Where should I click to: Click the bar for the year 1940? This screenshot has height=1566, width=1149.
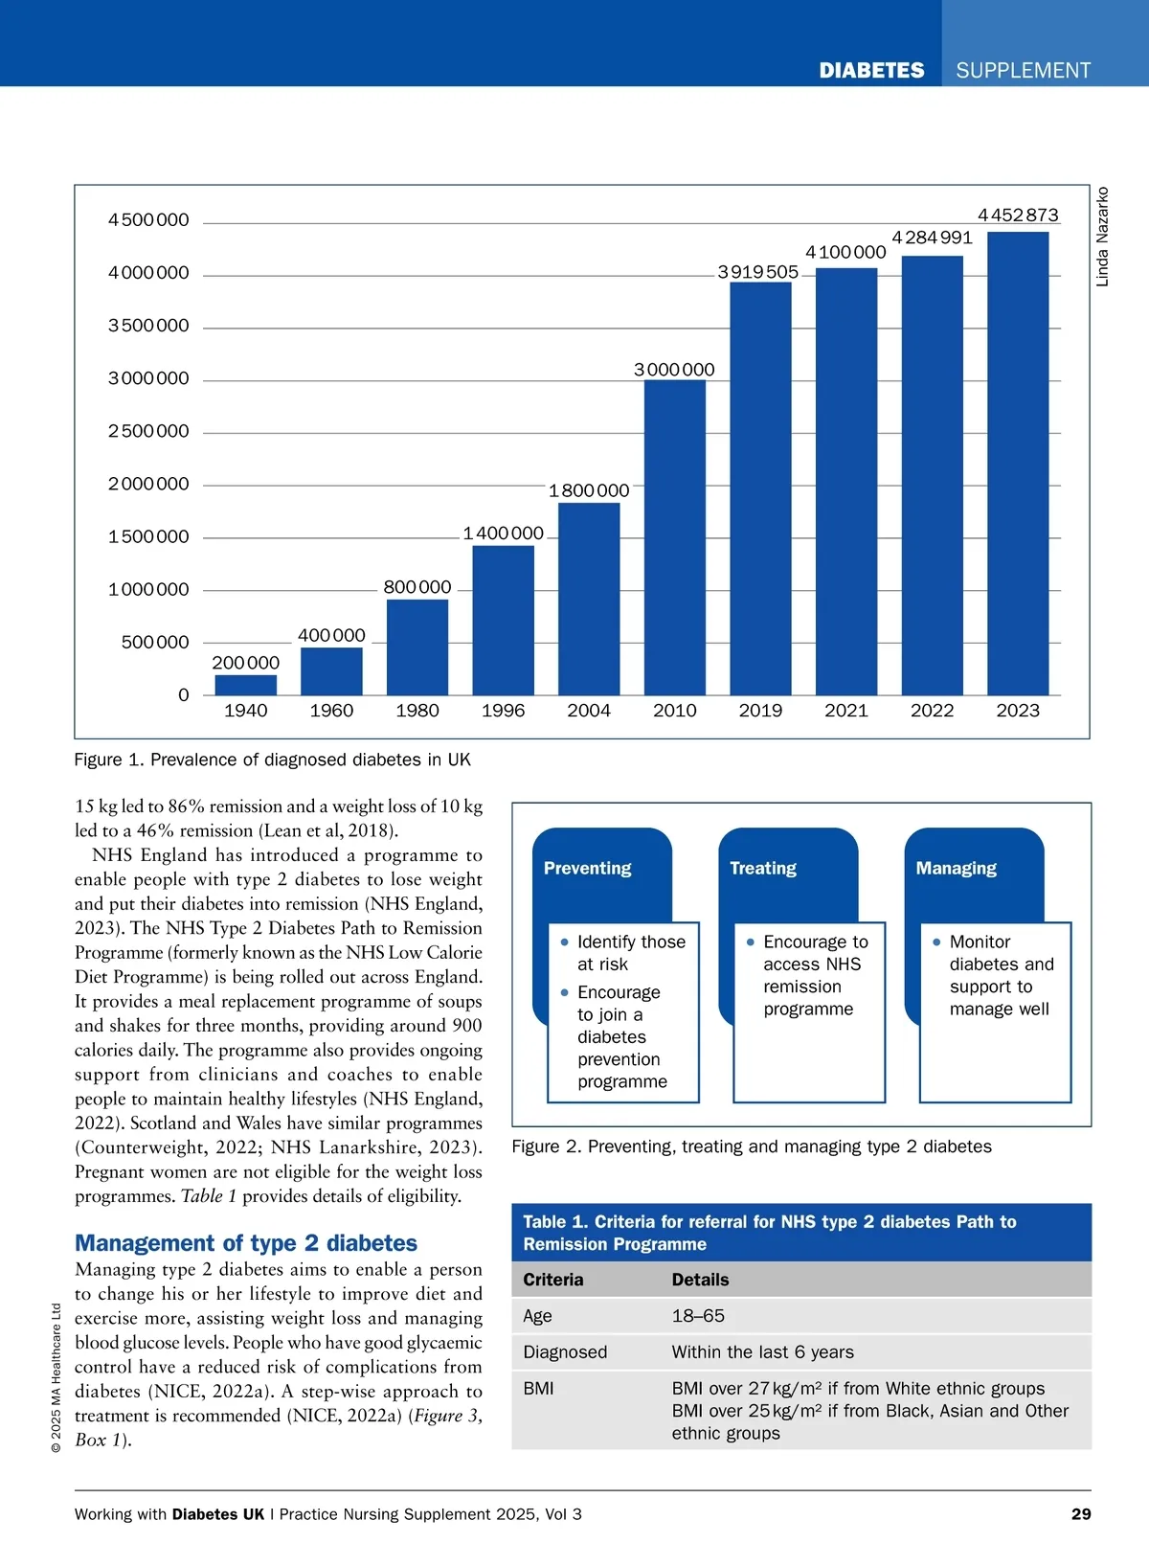[245, 685]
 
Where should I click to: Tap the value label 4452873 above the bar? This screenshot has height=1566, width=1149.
[1018, 216]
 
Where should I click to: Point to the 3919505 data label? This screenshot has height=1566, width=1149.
[757, 272]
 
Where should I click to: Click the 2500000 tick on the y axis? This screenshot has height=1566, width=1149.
[148, 431]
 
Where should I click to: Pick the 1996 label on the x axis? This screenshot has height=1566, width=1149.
[503, 711]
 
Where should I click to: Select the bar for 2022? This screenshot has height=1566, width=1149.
[932, 475]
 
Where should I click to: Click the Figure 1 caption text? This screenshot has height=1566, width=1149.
[273, 760]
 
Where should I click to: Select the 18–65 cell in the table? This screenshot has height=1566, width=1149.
[698, 1316]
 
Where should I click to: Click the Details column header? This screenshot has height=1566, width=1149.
[700, 1280]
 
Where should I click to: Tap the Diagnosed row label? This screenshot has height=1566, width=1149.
[565, 1352]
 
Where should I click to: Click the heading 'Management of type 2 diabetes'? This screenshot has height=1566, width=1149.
[246, 1243]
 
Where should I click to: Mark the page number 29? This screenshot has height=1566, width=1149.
[1081, 1514]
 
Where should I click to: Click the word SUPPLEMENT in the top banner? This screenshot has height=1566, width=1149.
[1023, 71]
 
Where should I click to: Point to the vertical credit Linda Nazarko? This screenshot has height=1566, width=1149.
[1102, 237]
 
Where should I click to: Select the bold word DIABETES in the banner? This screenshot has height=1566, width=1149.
[871, 71]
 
